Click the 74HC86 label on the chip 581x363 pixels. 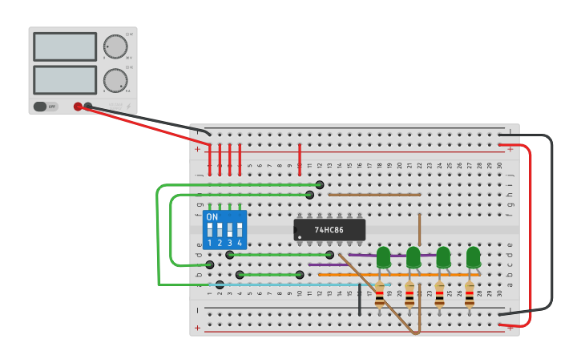[329, 230]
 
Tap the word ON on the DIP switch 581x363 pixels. [212, 217]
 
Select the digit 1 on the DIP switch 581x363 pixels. [210, 243]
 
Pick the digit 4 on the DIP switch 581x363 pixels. [239, 243]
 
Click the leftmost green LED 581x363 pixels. [383, 256]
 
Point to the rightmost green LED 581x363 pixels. [473, 256]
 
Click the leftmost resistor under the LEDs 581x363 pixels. [380, 295]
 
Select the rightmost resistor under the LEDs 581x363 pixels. [470, 295]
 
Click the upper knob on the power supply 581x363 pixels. [115, 46]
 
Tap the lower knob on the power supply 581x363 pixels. [115, 80]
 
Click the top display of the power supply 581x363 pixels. [65, 46]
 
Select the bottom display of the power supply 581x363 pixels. [65, 79]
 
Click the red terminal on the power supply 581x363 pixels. [78, 106]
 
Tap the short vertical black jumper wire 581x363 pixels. [360, 298]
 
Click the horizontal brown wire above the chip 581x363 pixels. [374, 195]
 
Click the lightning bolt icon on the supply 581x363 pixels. [127, 106]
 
